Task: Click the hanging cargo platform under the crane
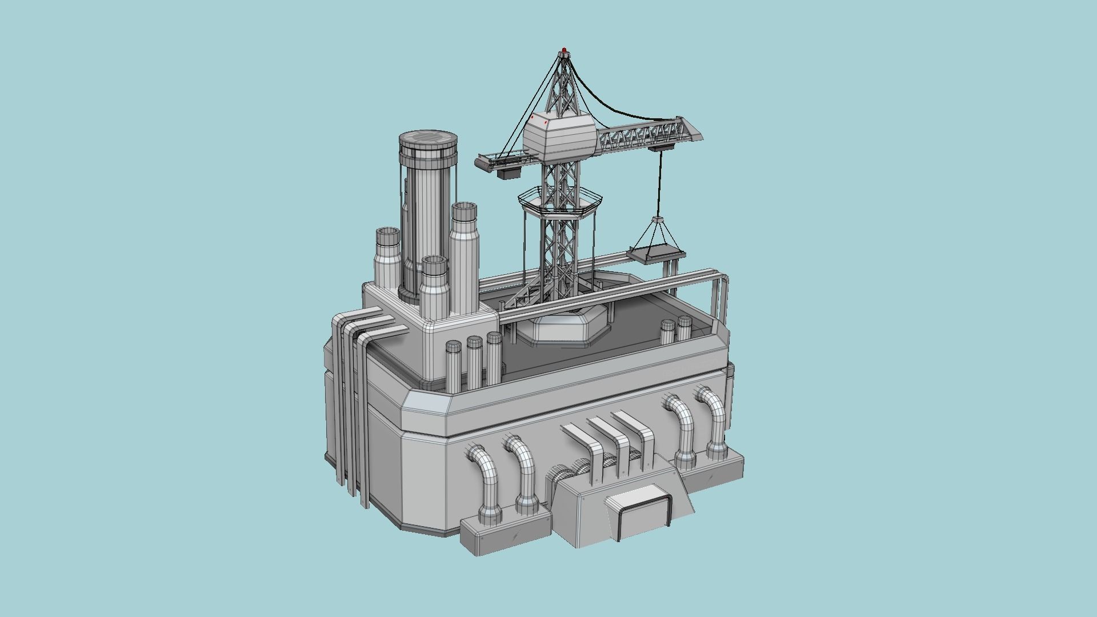tap(657, 254)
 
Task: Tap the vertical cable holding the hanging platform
tap(660, 183)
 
